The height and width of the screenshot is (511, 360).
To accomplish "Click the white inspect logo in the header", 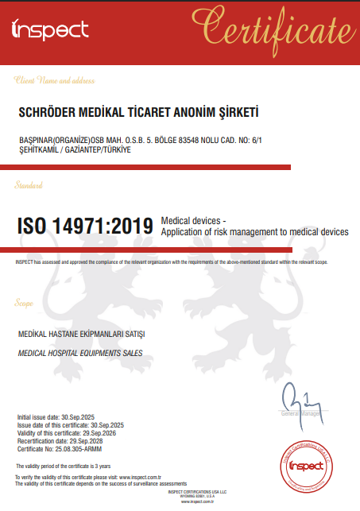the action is (50, 29).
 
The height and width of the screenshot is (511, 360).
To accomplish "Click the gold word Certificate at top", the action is (274, 30).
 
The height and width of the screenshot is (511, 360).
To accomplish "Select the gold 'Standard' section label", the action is (30, 185).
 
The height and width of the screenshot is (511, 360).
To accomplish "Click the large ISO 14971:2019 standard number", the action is (85, 226).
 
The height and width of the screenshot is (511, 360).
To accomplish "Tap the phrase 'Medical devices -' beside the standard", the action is (194, 220).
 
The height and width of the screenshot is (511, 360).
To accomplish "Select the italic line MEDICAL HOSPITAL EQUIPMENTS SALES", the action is (79, 352).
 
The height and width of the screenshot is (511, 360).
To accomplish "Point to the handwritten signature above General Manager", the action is (296, 397).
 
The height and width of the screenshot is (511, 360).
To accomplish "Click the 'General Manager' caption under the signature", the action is (301, 414).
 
